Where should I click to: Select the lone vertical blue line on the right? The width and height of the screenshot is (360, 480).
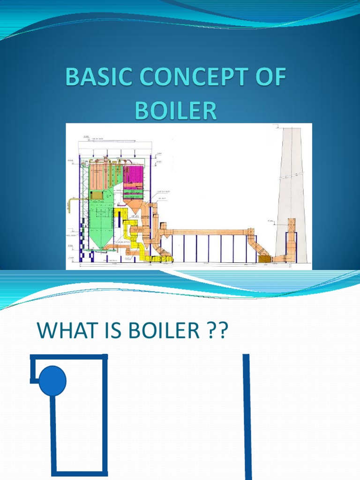pyautogui.click(x=247, y=417)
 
